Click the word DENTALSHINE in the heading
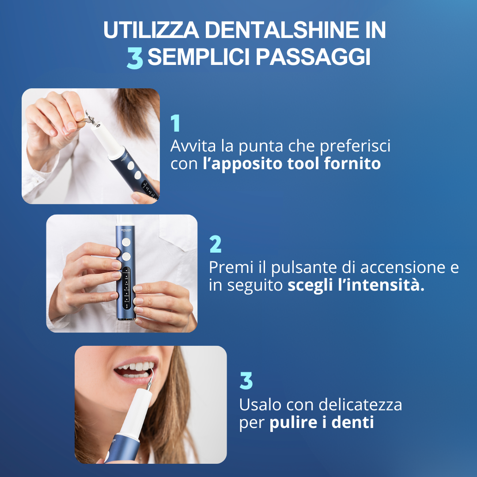[x=281, y=30]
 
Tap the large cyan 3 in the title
[x=135, y=58]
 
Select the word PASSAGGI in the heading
[x=313, y=57]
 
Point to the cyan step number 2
[x=216, y=244]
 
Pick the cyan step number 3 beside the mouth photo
[x=246, y=380]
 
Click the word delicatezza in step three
[x=360, y=405]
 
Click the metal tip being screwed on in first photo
[x=90, y=118]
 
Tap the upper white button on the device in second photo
[x=126, y=242]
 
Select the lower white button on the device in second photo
[x=126, y=256]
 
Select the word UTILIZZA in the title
[x=151, y=30]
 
